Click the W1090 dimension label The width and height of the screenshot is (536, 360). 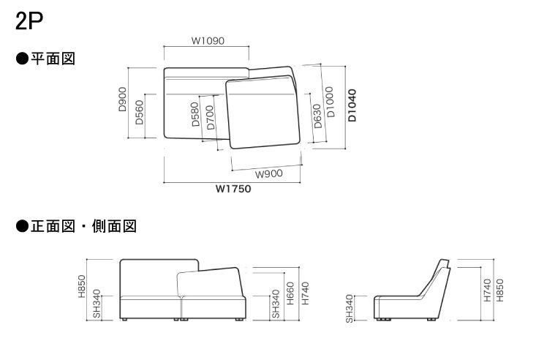coord(208,41)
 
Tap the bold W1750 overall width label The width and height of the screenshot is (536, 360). coord(233,189)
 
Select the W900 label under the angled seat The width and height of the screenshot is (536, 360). coord(268,174)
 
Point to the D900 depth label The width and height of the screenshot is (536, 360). coord(122,100)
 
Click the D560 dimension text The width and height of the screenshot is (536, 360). coord(140,112)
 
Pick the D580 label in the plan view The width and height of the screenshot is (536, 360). coord(195,114)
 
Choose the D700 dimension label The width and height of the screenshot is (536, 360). coord(210,118)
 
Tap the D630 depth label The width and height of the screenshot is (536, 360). coord(317,116)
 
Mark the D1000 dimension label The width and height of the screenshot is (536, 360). coord(330,102)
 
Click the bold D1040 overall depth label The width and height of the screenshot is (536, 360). coord(352,105)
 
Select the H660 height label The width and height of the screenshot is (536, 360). coord(290,293)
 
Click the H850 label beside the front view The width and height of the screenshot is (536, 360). coord(82,286)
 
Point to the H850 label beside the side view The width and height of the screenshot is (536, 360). coord(499,290)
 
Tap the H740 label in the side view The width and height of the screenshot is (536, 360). coord(488,290)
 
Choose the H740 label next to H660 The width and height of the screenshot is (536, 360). coord(305,293)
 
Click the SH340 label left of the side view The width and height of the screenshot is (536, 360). coord(350,309)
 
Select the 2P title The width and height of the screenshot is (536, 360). coord(29,21)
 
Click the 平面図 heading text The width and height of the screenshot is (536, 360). coord(53,59)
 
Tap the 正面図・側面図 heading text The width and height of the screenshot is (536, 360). coord(84,226)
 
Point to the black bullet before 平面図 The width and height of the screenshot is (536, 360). coord(22,59)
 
